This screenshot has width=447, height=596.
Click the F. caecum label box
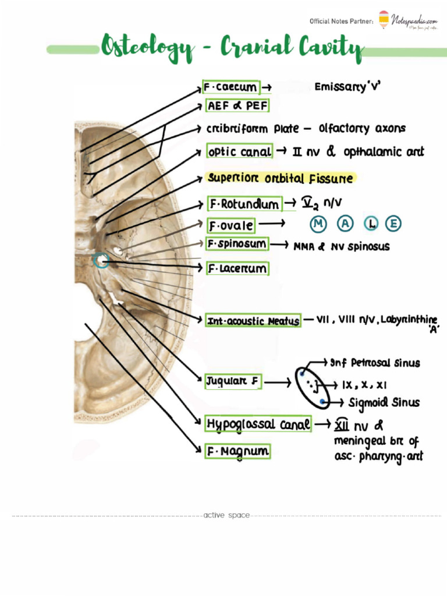231,87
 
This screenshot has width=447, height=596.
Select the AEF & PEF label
237,105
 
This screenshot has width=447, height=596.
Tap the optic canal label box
240,151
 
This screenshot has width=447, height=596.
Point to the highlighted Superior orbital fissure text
280,178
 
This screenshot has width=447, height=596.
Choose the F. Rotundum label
245,204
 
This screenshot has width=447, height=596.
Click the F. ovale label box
231,225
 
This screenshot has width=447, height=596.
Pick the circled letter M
318,223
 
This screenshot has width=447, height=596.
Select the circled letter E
393,223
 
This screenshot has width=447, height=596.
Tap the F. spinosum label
237,244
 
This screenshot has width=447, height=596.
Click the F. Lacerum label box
237,268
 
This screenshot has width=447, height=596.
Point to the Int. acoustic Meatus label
253,321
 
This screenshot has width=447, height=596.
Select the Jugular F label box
233,381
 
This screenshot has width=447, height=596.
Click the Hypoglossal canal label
258,424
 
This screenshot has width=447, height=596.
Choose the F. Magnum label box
237,451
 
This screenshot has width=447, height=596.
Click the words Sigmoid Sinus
384,403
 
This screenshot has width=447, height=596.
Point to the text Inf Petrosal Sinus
375,363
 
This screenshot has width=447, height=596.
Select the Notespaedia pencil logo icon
384,19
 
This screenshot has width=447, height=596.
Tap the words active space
226,515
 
